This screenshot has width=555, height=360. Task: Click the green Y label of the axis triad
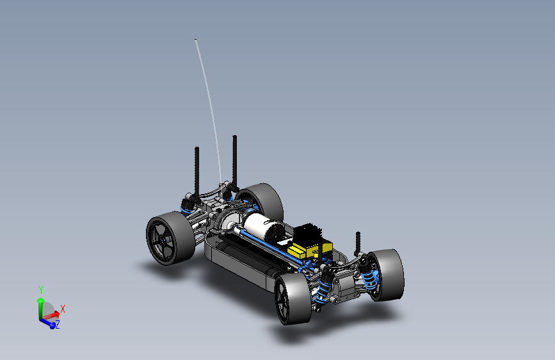click(41, 290)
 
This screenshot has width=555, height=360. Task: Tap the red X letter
click(63, 309)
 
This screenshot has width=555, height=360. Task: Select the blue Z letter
click(58, 324)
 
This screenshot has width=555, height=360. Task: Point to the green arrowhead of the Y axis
click(40, 300)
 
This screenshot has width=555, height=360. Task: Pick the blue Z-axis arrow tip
click(52, 325)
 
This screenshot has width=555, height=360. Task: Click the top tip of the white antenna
click(195, 39)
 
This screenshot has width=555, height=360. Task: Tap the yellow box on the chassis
click(309, 248)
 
